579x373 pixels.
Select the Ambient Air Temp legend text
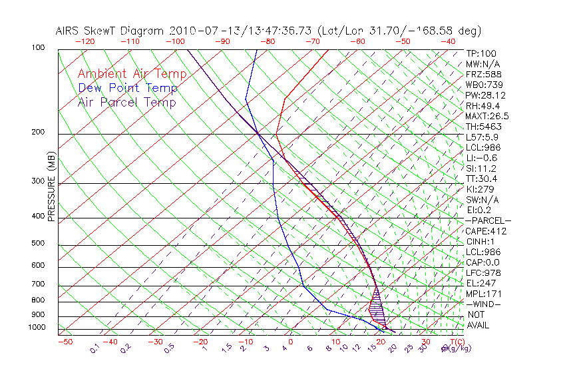pyautogui.click(x=132, y=74)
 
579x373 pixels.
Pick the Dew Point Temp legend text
pyautogui.click(x=128, y=88)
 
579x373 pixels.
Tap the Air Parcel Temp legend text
pyautogui.click(x=126, y=102)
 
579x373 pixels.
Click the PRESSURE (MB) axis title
pyautogui.click(x=52, y=188)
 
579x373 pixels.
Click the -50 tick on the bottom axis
pyautogui.click(x=65, y=342)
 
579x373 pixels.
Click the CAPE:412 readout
pyautogui.click(x=486, y=231)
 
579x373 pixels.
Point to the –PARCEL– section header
pyautogui.click(x=488, y=220)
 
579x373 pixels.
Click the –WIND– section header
pyautogui.click(x=484, y=304)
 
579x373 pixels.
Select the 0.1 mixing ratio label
pyautogui.click(x=95, y=348)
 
